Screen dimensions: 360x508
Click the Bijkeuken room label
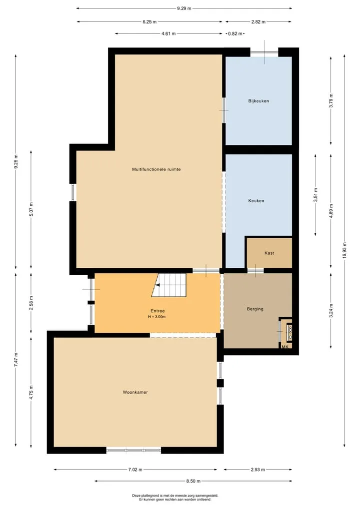tap(258, 101)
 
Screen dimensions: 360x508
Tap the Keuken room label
tap(256, 201)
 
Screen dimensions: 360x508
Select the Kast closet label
tap(269, 253)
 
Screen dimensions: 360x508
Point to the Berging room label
tap(255, 309)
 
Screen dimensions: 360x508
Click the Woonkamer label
tap(135, 392)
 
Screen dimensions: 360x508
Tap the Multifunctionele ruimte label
tap(156, 169)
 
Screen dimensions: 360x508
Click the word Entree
tap(157, 311)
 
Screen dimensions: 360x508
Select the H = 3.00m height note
tap(157, 317)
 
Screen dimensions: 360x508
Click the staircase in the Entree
tap(169, 285)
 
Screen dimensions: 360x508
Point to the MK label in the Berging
tap(285, 347)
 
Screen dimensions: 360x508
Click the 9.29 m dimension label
tap(184, 8)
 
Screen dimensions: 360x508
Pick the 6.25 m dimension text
tap(149, 22)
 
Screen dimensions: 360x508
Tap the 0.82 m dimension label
tap(235, 33)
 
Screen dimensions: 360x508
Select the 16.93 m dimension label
tap(344, 250)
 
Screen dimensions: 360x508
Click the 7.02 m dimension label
tap(135, 470)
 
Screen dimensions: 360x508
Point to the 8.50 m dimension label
tap(193, 481)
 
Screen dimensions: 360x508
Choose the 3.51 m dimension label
tap(315, 195)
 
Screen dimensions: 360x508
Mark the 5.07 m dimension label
tap(31, 209)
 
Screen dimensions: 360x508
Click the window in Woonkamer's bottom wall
tap(134, 450)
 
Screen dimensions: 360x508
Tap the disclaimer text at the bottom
tap(175, 498)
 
